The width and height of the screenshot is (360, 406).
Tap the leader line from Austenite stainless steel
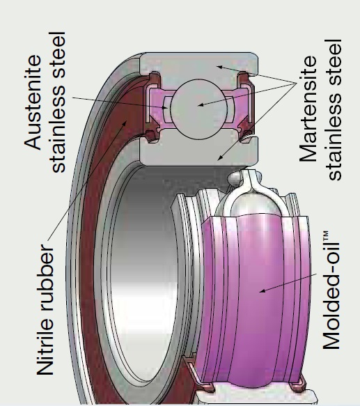point(111,102)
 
